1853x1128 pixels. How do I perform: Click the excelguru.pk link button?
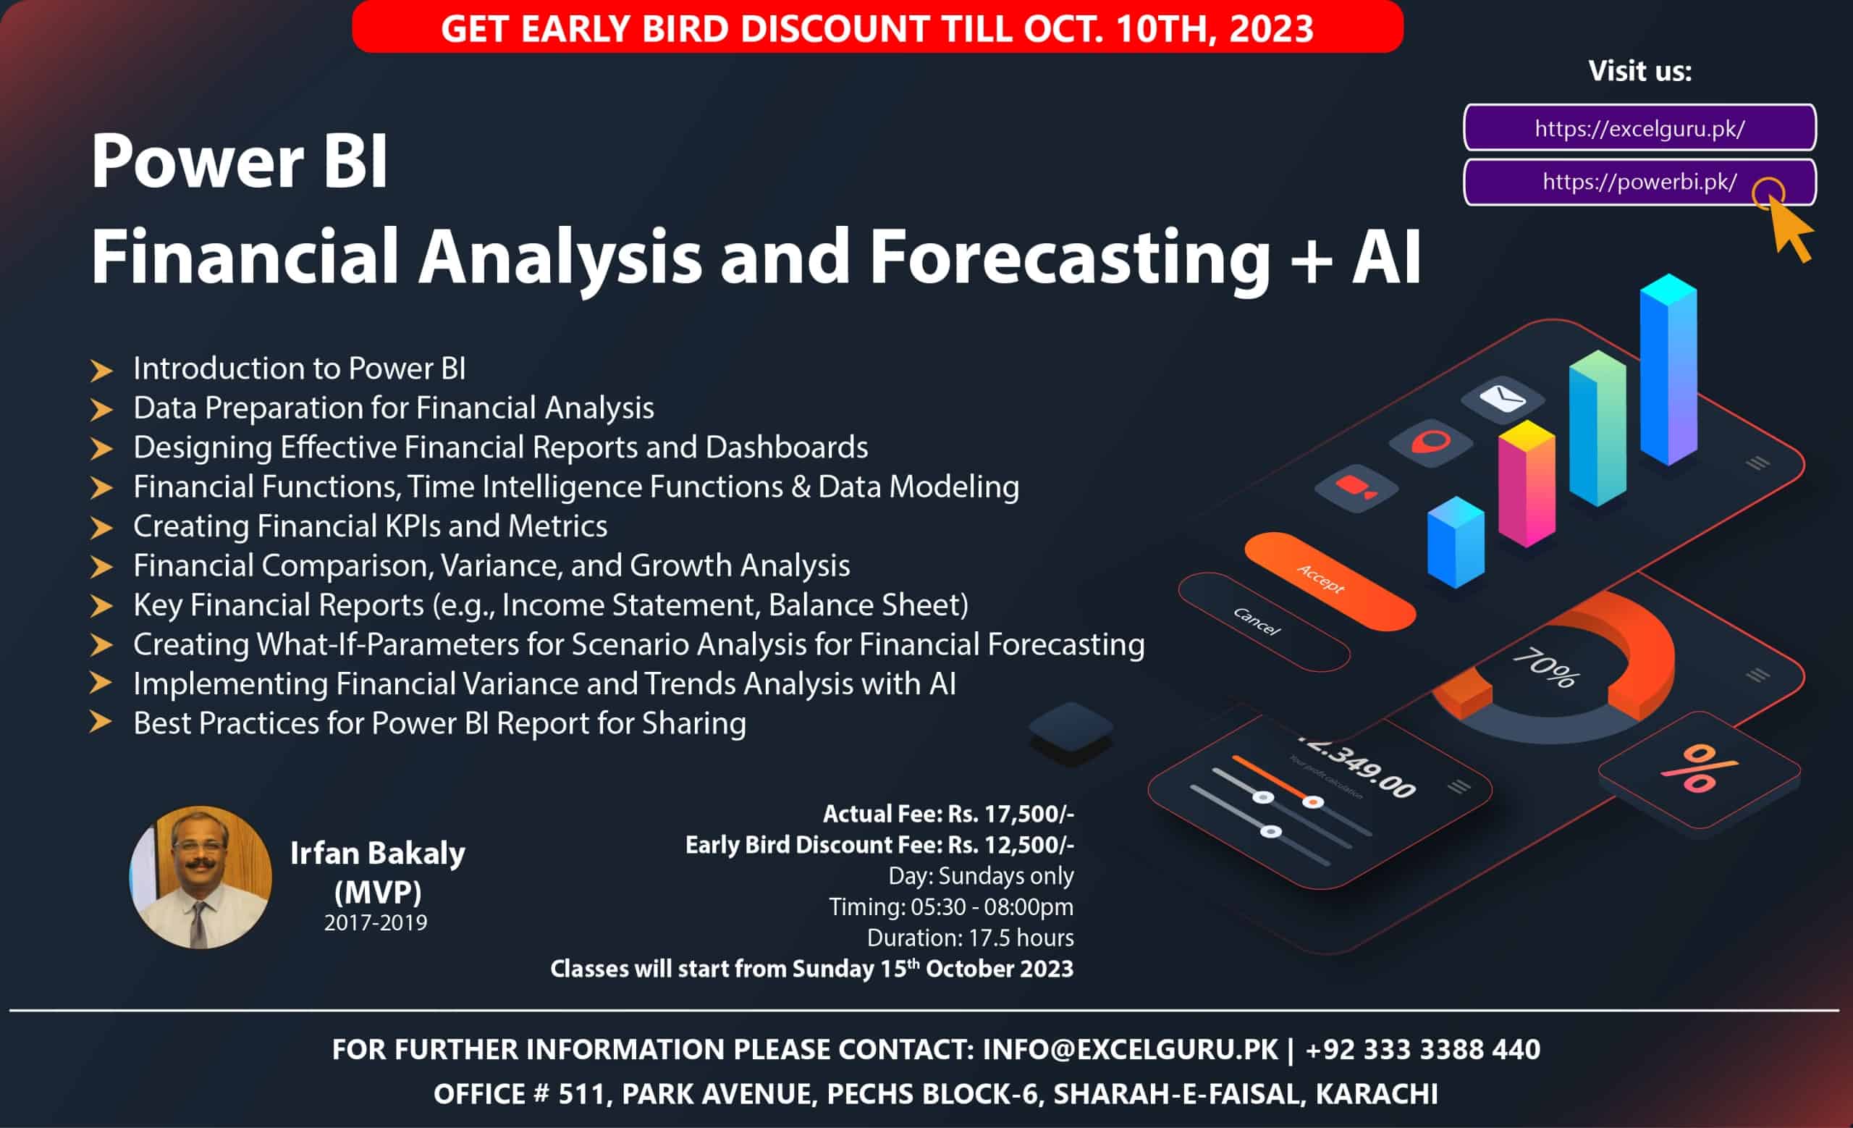tap(1639, 128)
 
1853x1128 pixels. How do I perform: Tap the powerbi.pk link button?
tap(1639, 182)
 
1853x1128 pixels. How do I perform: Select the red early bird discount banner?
tap(877, 27)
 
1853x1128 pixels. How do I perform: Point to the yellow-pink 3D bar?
tap(1527, 484)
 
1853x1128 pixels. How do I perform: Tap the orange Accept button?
tap(1330, 581)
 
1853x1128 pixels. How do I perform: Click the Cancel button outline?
tap(1263, 621)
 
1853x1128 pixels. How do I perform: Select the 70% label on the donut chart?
tap(1545, 668)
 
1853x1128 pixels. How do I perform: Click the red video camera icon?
tap(1356, 488)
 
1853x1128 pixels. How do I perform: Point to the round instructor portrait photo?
tap(201, 877)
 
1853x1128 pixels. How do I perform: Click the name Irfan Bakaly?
tap(378, 854)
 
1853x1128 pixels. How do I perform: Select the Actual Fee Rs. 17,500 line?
tap(948, 814)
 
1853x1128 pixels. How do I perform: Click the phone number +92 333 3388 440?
tap(1423, 1049)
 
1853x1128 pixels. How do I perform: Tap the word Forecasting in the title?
tap(1070, 257)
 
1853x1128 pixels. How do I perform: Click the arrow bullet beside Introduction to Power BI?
tap(101, 370)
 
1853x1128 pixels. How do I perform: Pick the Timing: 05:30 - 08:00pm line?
tap(951, 907)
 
